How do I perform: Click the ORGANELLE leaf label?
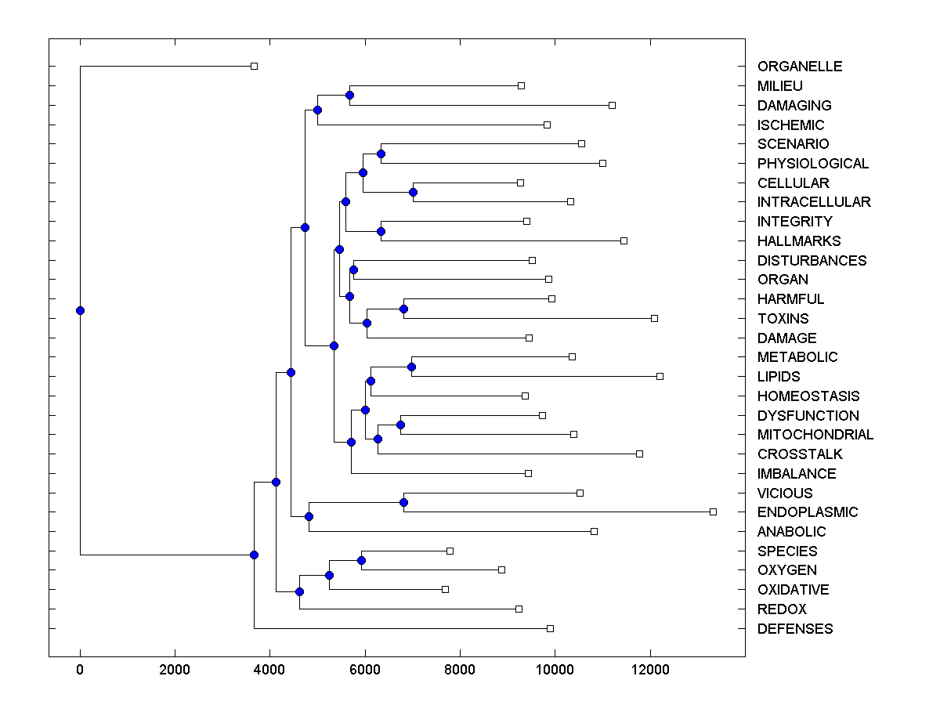(800, 67)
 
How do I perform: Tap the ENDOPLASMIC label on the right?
(808, 512)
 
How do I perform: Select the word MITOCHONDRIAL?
(815, 435)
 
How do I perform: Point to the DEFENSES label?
(795, 629)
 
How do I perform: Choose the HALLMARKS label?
(799, 241)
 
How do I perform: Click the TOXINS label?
(783, 319)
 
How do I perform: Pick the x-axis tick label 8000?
(460, 671)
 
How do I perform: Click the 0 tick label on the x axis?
(80, 671)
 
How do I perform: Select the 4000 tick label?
(269, 671)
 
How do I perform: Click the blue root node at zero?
(80, 310)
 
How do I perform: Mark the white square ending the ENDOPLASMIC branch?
(713, 512)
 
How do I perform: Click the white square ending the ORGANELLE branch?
(254, 66)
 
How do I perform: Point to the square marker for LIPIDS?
(660, 376)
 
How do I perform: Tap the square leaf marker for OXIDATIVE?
(445, 589)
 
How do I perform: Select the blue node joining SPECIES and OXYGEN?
(361, 560)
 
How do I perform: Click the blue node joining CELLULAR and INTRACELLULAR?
(413, 192)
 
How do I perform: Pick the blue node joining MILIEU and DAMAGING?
(349, 95)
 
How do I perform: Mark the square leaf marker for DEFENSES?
(550, 628)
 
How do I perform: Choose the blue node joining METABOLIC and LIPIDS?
(411, 367)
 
